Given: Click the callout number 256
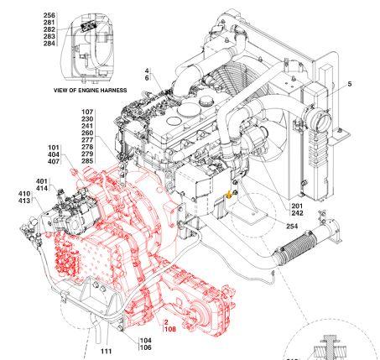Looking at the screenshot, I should [49, 16].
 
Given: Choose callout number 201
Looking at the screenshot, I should [296, 206].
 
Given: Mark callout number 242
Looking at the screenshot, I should [296, 213].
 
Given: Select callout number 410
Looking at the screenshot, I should [23, 195].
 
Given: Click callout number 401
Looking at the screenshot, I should [41, 181].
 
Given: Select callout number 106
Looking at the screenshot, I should [145, 347].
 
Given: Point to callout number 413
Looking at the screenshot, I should [23, 202].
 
